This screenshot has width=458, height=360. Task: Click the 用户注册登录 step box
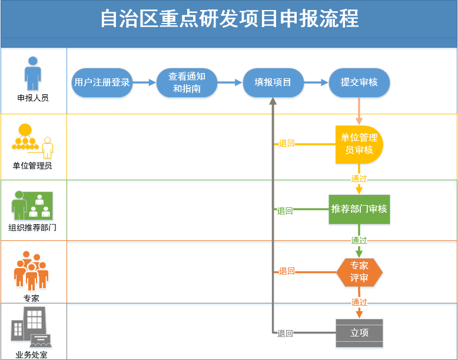tap(102, 82)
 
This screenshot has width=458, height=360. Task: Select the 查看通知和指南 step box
tap(187, 82)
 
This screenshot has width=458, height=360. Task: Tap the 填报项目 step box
tap(273, 82)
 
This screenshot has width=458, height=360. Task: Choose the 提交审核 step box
tap(359, 82)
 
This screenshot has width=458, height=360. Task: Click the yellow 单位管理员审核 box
tap(359, 144)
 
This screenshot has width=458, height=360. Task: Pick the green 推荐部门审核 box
tap(359, 209)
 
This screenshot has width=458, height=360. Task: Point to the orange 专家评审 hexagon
tap(359, 272)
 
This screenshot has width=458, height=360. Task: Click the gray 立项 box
tap(359, 333)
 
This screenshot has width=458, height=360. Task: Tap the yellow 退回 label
tap(287, 143)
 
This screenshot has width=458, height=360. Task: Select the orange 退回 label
tap(287, 271)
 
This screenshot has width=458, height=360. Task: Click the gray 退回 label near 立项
tap(285, 333)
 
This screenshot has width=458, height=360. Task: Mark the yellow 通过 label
tap(359, 179)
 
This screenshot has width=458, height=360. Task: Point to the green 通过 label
tap(359, 240)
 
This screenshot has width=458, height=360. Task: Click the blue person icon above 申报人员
tap(33, 74)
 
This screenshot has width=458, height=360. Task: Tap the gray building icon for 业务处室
tap(31, 327)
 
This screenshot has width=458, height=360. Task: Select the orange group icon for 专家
tap(31, 270)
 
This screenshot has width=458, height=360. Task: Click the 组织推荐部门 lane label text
tap(32, 227)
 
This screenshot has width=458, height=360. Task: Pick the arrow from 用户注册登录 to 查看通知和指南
tap(144, 82)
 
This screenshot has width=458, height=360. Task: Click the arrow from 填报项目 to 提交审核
tap(316, 82)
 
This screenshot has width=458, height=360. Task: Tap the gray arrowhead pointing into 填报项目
tap(273, 101)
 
